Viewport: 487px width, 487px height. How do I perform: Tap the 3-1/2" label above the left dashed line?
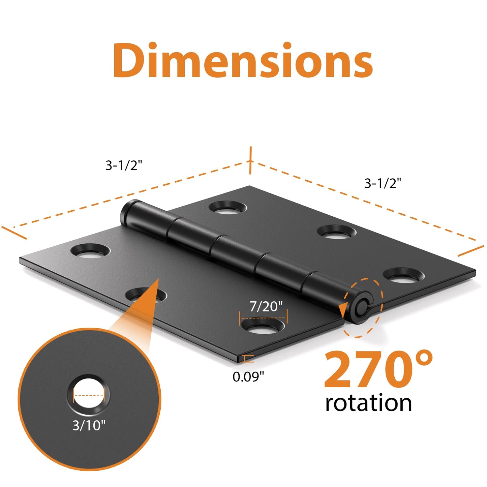[124, 165]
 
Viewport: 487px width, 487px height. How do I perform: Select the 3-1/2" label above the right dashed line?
[383, 183]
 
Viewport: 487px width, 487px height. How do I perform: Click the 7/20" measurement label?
[266, 306]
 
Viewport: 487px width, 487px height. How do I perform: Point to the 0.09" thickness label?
[248, 376]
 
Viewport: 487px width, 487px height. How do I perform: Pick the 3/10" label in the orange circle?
[89, 425]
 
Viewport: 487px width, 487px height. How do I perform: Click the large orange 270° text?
[377, 370]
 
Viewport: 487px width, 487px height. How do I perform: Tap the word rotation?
[368, 403]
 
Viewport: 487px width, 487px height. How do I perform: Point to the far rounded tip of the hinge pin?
[127, 211]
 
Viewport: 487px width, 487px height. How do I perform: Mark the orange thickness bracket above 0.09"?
[248, 359]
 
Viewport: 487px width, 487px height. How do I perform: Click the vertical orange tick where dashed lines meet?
[250, 160]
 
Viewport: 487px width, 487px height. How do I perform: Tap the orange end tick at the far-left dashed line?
[14, 233]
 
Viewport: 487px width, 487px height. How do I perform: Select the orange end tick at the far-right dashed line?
[471, 251]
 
